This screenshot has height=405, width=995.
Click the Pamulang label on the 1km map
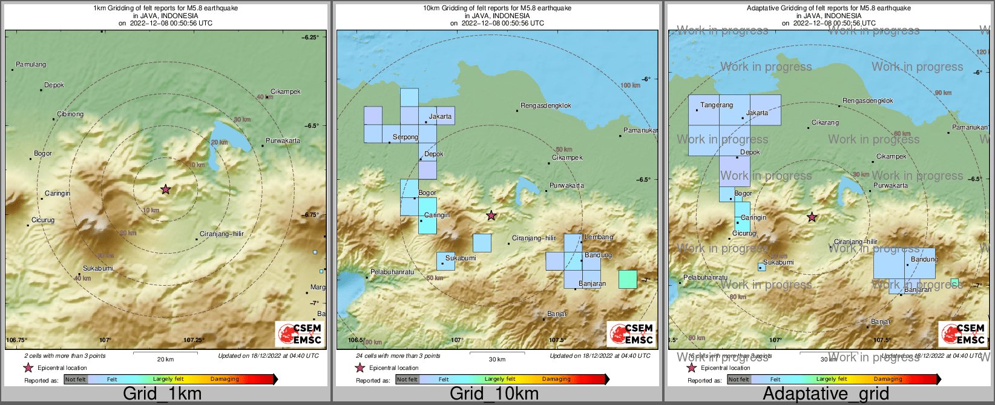(31, 65)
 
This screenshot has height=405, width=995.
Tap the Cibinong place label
(70, 114)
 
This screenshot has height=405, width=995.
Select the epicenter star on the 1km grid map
(166, 189)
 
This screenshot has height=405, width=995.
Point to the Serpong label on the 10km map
(406, 137)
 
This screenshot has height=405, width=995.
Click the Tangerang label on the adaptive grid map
(717, 105)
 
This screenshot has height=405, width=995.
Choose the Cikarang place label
(825, 123)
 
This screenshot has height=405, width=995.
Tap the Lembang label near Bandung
(599, 237)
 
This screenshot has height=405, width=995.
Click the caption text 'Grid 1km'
(162, 393)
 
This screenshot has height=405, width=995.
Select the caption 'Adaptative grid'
(826, 393)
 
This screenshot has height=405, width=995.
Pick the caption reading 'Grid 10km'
(494, 393)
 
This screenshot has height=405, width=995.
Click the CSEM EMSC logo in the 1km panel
(300, 334)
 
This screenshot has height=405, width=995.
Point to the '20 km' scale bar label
(165, 360)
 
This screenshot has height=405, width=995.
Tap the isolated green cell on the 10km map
(628, 279)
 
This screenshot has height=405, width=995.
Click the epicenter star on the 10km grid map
(491, 216)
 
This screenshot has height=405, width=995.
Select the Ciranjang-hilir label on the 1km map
(222, 234)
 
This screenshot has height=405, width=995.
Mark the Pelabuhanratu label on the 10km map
(392, 272)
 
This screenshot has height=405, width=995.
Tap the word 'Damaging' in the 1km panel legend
(225, 380)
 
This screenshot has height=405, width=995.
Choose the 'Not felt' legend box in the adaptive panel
(738, 380)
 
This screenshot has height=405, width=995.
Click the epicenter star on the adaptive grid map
(812, 217)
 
